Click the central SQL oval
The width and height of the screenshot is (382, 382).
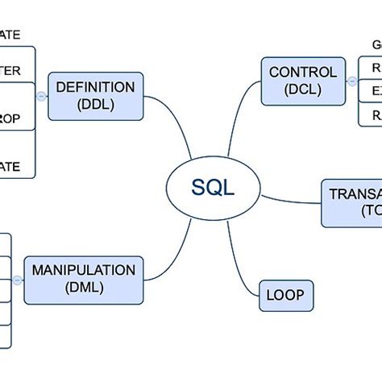pyautogui.click(x=213, y=189)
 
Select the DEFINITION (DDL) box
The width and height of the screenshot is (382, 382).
pyautogui.click(x=96, y=95)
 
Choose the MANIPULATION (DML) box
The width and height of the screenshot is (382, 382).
pyautogui.click(x=83, y=280)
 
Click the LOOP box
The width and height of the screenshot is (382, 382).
pyautogui.click(x=285, y=296)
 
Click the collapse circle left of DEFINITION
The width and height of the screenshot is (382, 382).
pyautogui.click(x=41, y=96)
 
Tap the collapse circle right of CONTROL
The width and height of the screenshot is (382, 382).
pyautogui.click(x=352, y=81)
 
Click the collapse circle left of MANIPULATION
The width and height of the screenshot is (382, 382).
pyautogui.click(x=16, y=280)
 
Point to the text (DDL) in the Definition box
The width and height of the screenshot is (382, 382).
pyautogui.click(x=96, y=104)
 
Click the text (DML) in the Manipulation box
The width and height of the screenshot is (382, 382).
pyautogui.click(x=83, y=289)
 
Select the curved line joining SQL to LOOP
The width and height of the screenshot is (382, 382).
pyautogui.click(x=239, y=258)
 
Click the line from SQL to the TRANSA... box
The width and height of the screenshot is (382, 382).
pyautogui.click(x=290, y=198)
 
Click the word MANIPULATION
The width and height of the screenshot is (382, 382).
pyautogui.click(x=83, y=270)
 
